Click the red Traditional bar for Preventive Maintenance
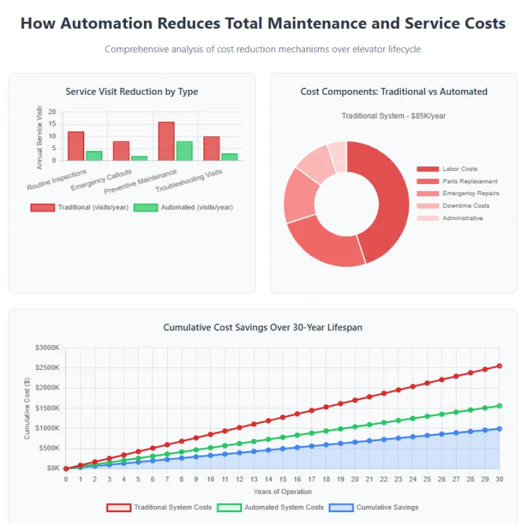[166, 141]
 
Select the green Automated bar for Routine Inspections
[94, 155]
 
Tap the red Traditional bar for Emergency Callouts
[121, 151]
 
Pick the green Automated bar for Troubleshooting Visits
[230, 157]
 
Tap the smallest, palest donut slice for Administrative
[338, 157]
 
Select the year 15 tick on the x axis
[283, 479]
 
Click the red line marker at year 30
[499, 366]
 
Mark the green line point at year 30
[499, 406]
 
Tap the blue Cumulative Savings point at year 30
[499, 429]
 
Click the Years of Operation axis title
[283, 492]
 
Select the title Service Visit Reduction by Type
[132, 91]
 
